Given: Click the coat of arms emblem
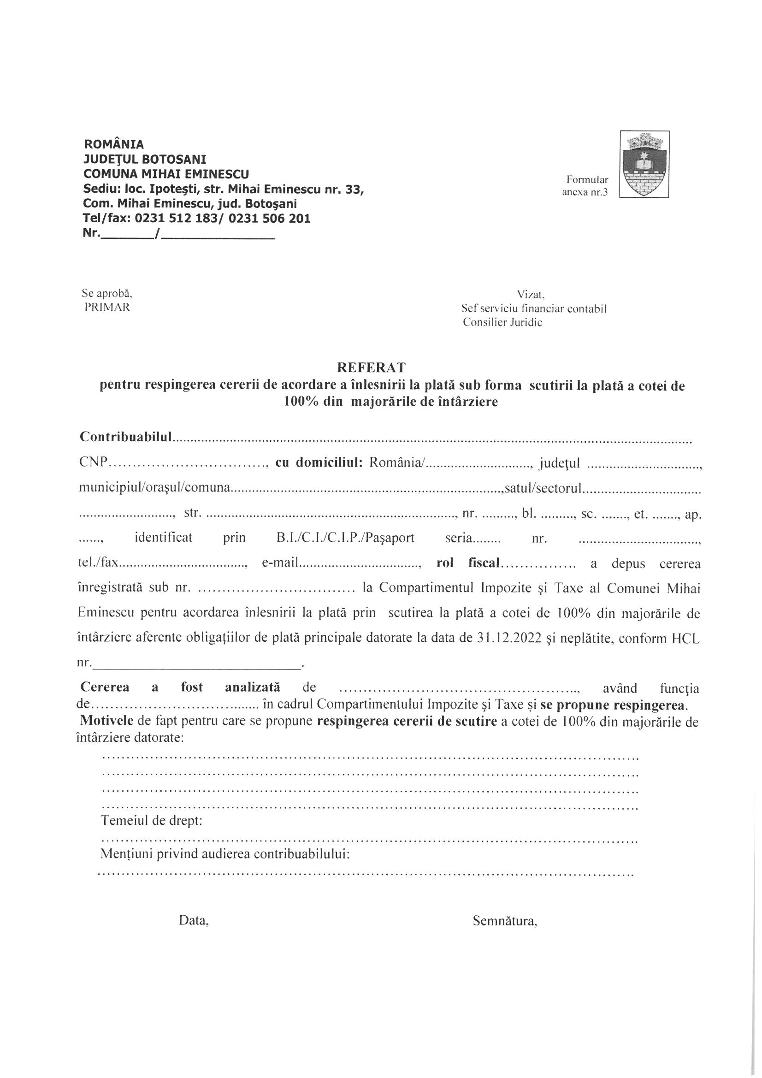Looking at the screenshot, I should (644, 164).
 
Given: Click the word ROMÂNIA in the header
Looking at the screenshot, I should (113, 144).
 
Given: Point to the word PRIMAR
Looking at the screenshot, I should (107, 308).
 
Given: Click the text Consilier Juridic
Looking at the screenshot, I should (502, 323).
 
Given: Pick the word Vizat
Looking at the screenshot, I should (530, 294).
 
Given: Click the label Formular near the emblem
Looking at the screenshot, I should (587, 179).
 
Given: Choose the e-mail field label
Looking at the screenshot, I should (280, 563).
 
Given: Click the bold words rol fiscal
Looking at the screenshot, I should (467, 563).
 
